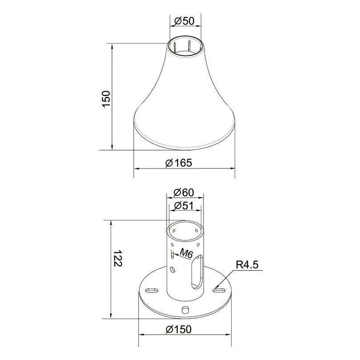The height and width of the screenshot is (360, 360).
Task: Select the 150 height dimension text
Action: pos(106,99)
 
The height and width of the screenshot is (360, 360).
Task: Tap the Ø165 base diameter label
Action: pos(179,163)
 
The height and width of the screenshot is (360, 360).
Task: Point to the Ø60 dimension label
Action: pos(184,192)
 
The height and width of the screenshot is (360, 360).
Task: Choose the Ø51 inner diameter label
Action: pos(184,206)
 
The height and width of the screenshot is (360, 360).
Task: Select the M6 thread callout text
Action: pos(186,253)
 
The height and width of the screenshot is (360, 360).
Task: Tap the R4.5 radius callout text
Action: pos(247,265)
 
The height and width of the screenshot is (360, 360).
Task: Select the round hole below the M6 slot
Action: pos(172,268)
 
